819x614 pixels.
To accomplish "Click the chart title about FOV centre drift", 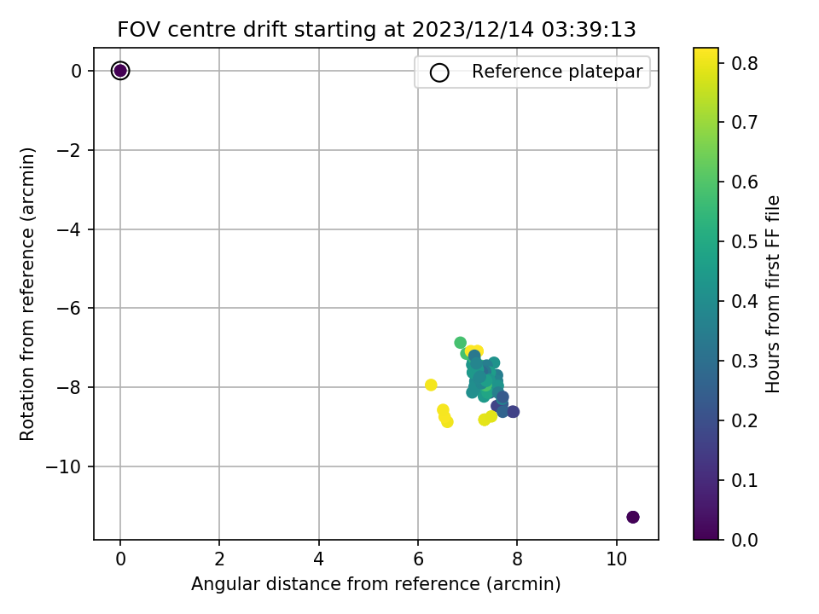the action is (376, 29).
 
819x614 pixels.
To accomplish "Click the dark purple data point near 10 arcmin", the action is (632, 517).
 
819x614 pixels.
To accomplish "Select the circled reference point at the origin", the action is (120, 71).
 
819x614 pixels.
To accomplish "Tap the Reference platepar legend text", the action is (557, 72).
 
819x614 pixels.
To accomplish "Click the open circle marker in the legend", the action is (439, 72).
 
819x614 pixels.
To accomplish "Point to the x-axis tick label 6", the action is (418, 559).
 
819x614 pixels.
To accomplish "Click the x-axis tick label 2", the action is (219, 559).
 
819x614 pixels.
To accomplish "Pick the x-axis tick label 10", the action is (616, 559).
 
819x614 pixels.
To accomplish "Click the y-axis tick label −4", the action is (69, 229).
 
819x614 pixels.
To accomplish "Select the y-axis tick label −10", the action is (64, 466).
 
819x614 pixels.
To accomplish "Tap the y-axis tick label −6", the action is (69, 308).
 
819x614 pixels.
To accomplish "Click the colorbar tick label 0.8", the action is (744, 63).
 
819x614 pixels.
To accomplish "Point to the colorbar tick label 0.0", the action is (744, 539).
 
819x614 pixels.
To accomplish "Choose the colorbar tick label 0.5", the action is (744, 241).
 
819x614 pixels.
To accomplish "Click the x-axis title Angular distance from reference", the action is (375, 583).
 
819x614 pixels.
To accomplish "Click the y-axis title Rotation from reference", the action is (27, 294).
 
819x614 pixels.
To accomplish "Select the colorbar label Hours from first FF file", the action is (773, 294).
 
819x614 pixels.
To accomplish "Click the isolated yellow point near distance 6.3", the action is (431, 385).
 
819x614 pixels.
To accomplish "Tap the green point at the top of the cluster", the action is (460, 343).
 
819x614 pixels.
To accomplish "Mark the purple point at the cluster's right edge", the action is (513, 411).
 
